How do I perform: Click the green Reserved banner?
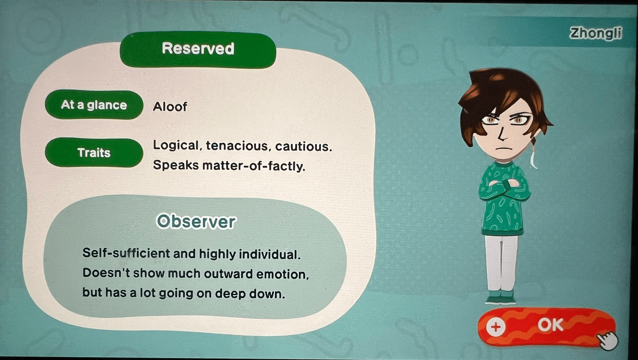click(x=198, y=49)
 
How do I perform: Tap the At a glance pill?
click(x=94, y=105)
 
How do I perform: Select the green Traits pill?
click(x=94, y=153)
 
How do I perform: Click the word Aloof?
click(x=170, y=107)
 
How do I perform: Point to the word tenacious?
click(x=237, y=146)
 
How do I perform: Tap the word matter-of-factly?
click(x=254, y=166)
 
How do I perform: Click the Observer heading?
click(x=196, y=222)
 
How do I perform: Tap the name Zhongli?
click(x=596, y=33)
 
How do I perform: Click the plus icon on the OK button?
click(x=495, y=327)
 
